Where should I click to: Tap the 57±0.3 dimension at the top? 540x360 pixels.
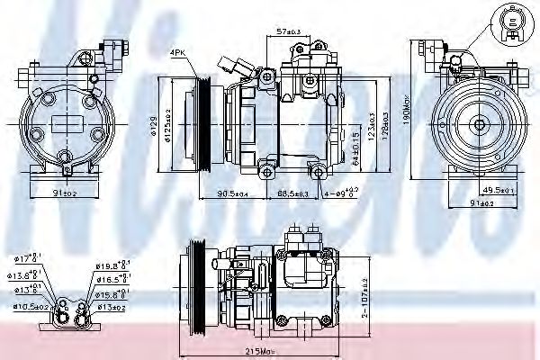[291, 31]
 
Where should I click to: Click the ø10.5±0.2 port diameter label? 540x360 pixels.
[29, 306]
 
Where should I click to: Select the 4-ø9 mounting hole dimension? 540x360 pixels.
[342, 193]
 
